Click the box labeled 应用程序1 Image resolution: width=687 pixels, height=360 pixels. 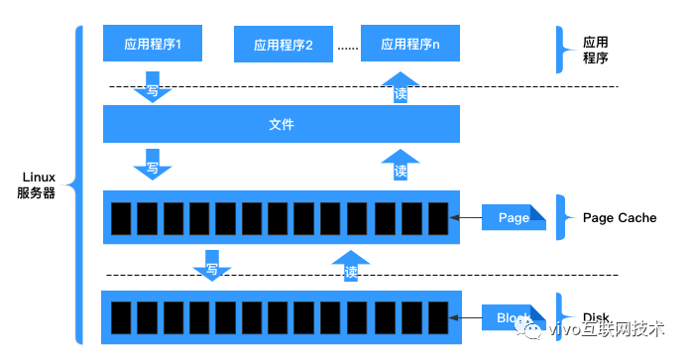[152, 44]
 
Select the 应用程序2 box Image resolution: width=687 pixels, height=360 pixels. [283, 45]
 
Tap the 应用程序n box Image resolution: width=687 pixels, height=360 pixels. [410, 44]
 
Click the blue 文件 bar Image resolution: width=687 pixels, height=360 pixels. [282, 125]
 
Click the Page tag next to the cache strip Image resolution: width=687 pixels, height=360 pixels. [514, 217]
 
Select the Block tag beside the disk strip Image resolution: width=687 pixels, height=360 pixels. [514, 317]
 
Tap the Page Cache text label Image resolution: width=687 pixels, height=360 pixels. [620, 217]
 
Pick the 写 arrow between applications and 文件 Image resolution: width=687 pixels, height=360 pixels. [153, 90]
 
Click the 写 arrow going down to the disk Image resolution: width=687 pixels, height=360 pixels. [211, 265]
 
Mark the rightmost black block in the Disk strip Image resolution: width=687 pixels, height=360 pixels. [438, 317]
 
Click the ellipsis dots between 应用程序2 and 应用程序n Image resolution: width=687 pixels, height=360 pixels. [346, 46]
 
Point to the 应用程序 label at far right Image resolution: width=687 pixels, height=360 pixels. [595, 51]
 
